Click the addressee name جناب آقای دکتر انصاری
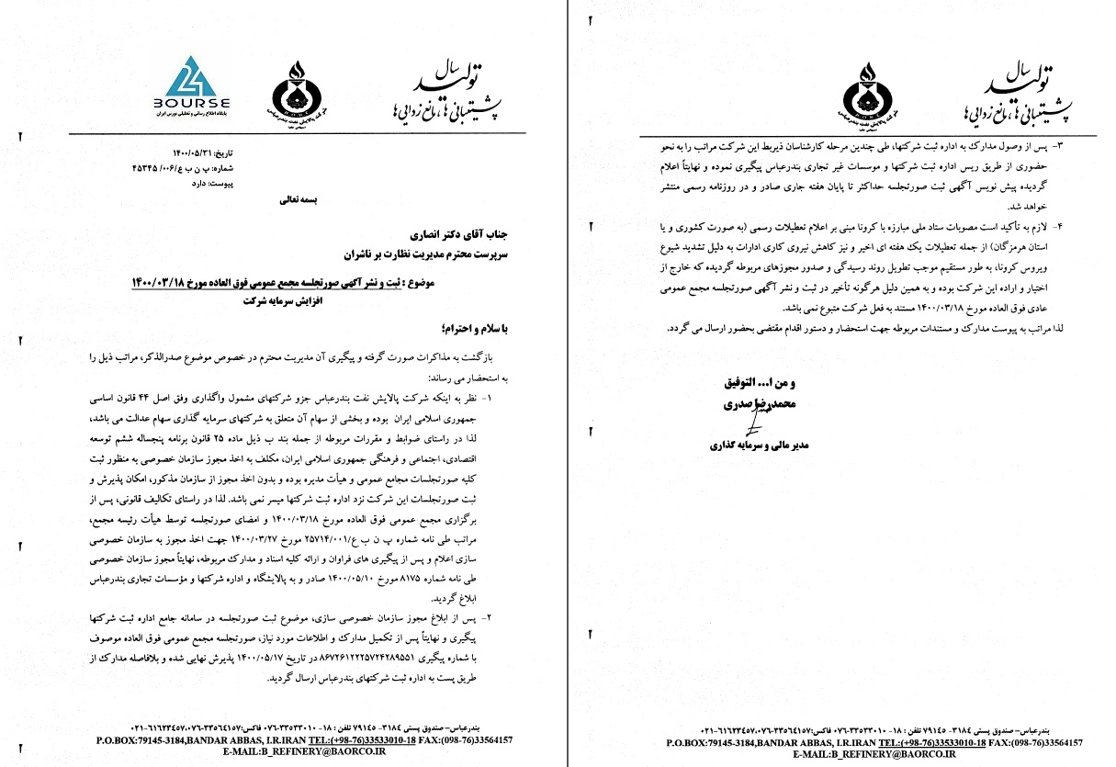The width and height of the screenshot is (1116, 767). tap(449, 234)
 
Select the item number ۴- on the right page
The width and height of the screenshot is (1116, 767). tap(1055, 225)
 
